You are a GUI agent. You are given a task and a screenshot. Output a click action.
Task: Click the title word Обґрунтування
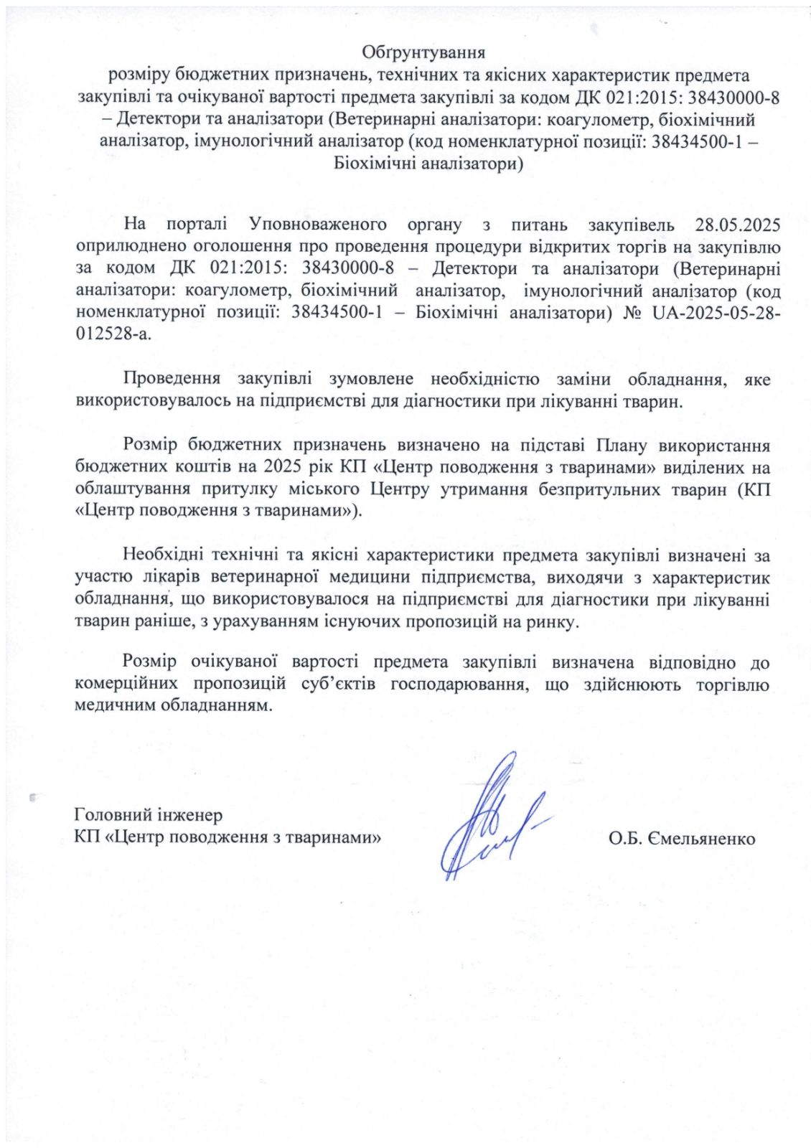coord(423,53)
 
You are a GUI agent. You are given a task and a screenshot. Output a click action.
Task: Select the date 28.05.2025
coord(738,225)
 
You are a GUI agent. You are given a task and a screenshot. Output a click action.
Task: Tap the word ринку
coord(553,623)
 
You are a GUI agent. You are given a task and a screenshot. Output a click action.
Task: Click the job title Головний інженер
coord(149,815)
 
